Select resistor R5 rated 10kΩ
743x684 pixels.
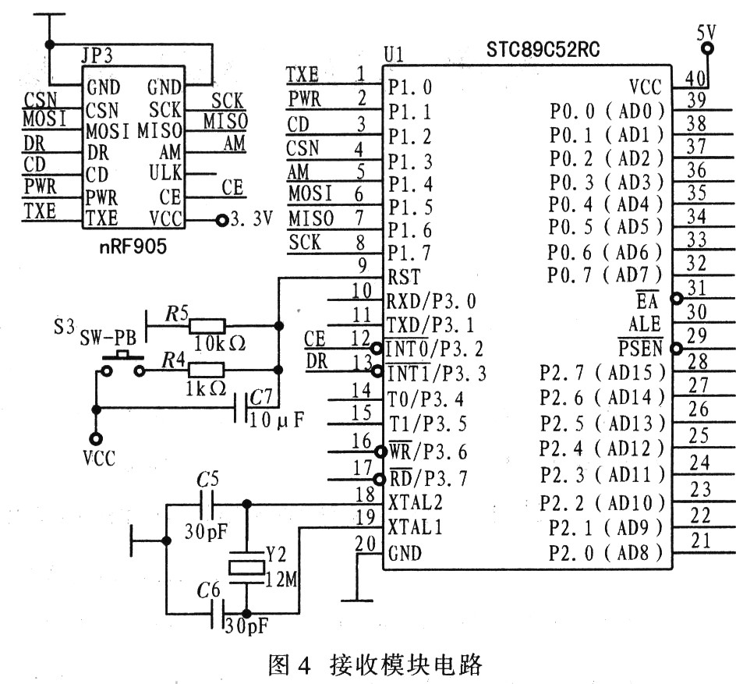[207, 325]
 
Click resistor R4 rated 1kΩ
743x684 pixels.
[207, 370]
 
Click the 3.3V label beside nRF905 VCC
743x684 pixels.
[250, 221]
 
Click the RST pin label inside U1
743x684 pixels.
[403, 277]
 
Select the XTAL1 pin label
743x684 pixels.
[415, 528]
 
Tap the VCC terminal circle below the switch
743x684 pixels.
[96, 438]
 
